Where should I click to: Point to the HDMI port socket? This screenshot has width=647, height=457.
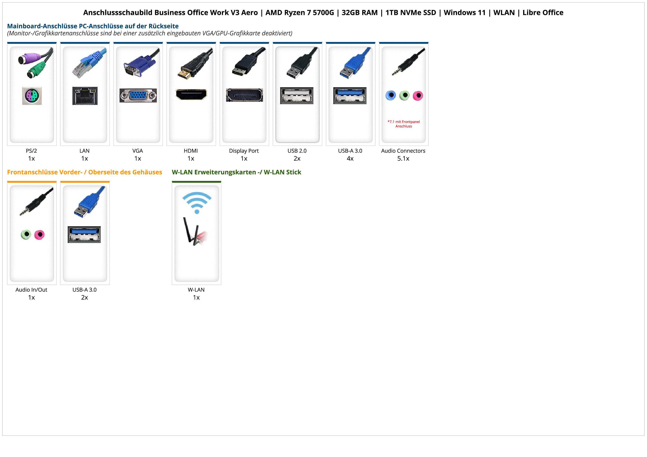(191, 94)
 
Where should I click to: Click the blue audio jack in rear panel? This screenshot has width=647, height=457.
(391, 95)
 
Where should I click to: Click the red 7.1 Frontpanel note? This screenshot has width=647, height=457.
(404, 124)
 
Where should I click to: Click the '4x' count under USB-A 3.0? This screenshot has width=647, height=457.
(350, 159)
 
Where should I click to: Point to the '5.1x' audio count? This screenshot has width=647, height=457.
(403, 159)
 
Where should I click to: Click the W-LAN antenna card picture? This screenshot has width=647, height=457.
(195, 232)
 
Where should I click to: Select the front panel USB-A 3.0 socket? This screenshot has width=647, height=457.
(84, 234)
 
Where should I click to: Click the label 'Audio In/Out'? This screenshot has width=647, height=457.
(31, 290)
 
